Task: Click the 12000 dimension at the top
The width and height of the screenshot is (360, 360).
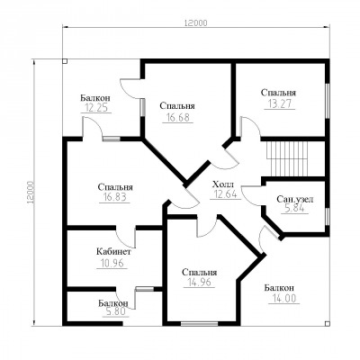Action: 196,22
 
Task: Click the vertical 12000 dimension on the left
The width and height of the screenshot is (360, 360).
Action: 31,193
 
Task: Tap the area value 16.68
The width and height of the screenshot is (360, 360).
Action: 176,117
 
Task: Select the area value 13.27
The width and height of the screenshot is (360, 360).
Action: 279,103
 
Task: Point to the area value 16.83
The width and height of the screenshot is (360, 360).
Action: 114,197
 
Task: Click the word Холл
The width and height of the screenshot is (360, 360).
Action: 222,184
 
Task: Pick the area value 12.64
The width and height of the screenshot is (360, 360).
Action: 225,194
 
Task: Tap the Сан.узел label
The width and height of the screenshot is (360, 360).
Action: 295,199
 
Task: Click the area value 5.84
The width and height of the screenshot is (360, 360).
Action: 294,209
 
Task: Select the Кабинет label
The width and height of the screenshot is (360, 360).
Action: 113,252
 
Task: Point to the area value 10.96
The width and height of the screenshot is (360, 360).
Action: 111,263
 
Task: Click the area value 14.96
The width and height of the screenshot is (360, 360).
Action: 199,282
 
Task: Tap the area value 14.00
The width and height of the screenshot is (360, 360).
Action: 284,299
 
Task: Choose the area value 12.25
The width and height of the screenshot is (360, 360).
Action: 95,108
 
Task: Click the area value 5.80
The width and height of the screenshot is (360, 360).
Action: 115,312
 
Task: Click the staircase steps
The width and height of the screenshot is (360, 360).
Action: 287,159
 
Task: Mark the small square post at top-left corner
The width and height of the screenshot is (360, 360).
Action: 65,61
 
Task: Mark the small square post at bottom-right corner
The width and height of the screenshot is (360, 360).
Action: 328,323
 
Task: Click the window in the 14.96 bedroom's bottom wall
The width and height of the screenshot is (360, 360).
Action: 200,324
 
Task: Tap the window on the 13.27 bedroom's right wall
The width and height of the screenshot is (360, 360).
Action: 328,101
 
